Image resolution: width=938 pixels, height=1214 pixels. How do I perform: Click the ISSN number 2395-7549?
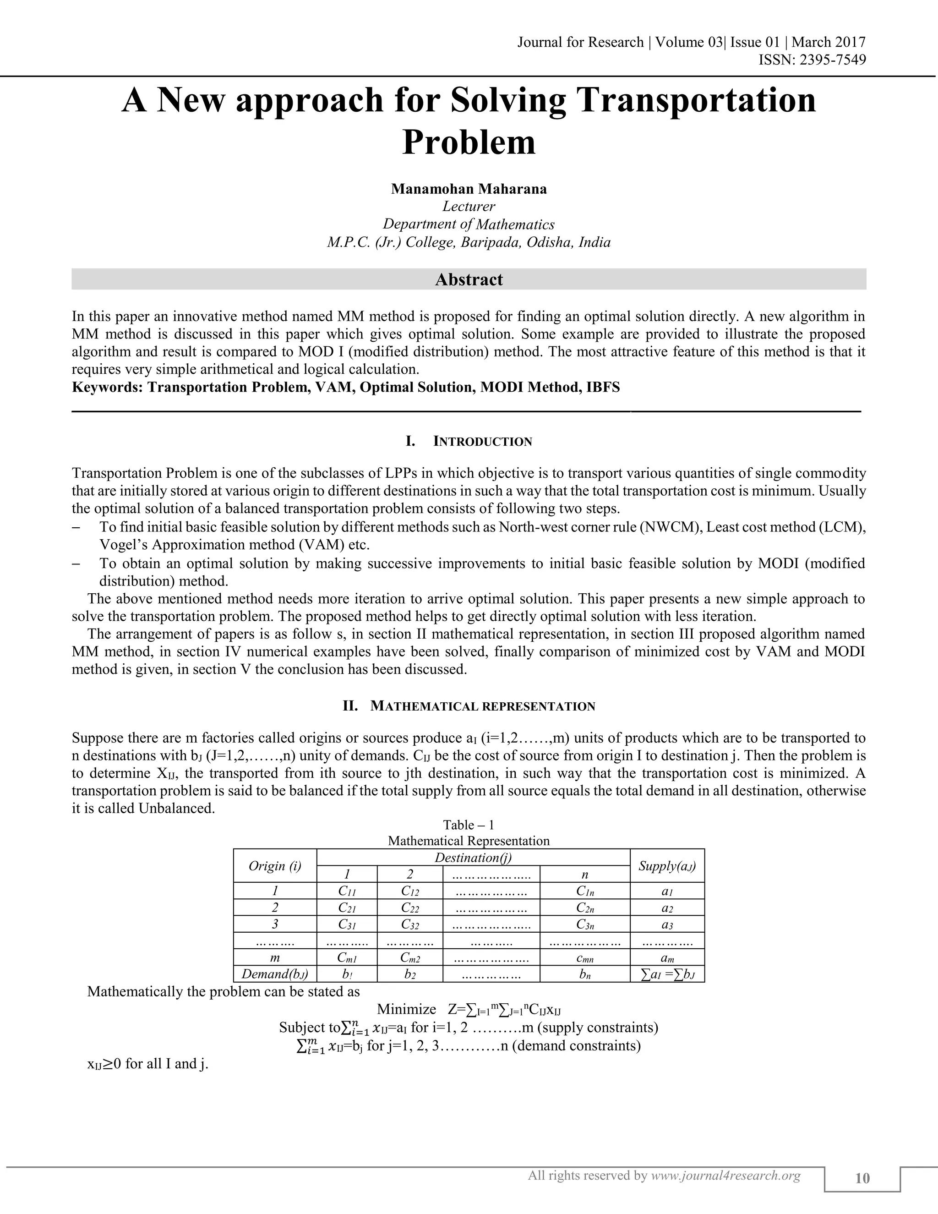click(x=832, y=60)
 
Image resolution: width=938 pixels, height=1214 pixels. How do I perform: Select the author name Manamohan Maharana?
click(x=469, y=189)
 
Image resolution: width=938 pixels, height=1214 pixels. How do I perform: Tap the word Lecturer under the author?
click(x=469, y=207)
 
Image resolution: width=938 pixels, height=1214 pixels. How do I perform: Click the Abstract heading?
click(x=469, y=279)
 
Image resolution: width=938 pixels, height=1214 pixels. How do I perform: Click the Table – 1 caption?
click(x=469, y=825)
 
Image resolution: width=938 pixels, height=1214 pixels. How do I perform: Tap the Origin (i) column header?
click(x=274, y=865)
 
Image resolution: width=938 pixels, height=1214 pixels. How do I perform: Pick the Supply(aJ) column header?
click(x=667, y=865)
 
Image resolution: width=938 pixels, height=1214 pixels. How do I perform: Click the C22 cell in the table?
click(x=409, y=908)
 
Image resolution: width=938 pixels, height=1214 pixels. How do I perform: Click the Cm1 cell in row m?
click(x=347, y=958)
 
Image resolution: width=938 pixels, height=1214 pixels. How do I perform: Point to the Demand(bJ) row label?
click(x=274, y=974)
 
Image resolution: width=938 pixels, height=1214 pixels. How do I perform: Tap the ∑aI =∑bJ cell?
click(x=667, y=974)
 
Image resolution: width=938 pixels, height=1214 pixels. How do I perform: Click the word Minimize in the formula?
click(x=406, y=1009)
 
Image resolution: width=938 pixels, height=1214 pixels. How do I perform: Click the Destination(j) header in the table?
click(x=473, y=858)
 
